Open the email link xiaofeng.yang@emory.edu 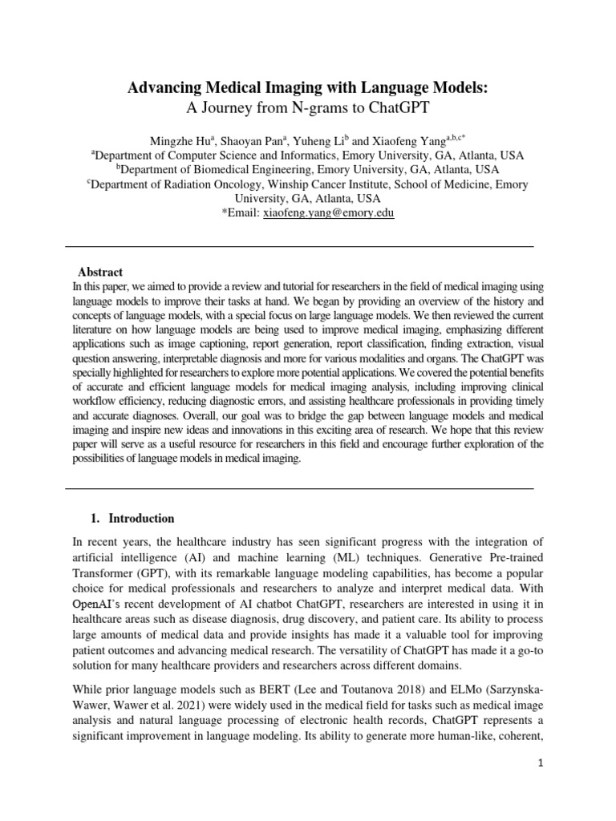point(328,213)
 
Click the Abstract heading point(100,273)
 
